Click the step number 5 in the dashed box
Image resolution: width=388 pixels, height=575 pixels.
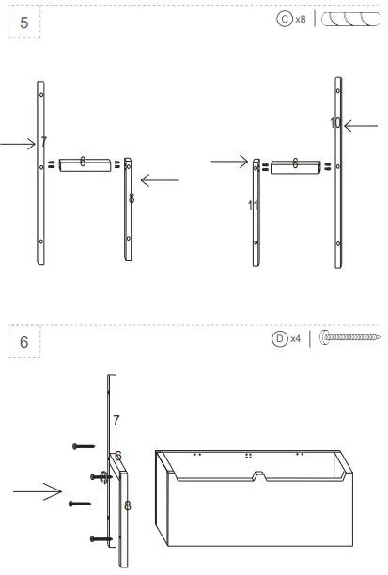coord(24,22)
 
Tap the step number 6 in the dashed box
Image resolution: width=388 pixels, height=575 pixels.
coord(24,342)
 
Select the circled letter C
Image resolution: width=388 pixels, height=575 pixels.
coord(285,19)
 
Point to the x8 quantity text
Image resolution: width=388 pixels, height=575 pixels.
coord(301,19)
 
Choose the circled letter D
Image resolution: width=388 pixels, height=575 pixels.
coord(279,338)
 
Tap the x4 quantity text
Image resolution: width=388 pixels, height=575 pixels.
coord(295,338)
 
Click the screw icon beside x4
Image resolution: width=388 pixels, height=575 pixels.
coord(349,336)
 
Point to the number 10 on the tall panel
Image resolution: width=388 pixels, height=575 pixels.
coord(335,123)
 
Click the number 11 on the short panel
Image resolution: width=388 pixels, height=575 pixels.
coord(253,205)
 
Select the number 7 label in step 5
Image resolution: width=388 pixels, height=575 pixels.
coord(43,143)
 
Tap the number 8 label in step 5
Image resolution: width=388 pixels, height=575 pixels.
coord(131,198)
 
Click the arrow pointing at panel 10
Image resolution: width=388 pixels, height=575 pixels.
coord(360,125)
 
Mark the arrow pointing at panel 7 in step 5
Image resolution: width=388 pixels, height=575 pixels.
coord(16,144)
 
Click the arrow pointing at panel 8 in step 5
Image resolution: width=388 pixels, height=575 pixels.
coord(160,179)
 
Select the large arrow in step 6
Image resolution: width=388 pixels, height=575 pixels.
coord(38,490)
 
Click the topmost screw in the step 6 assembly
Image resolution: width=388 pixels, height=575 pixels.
coord(84,446)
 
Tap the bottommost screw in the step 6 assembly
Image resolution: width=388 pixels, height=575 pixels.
coord(101,538)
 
